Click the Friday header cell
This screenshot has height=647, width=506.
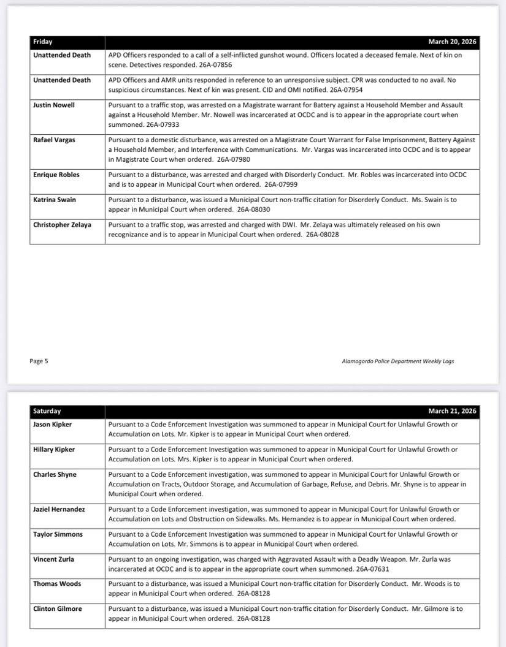tap(43, 42)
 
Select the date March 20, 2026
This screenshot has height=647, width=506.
tap(452, 42)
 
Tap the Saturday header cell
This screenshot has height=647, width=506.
tap(47, 411)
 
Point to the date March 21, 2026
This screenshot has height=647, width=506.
tap(452, 411)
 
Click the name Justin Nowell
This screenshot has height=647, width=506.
tap(54, 105)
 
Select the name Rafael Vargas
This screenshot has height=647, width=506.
tap(53, 140)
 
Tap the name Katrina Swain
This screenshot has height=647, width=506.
tap(55, 200)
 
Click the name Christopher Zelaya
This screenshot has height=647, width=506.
tap(62, 225)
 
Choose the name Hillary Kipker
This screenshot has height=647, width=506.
tap(54, 450)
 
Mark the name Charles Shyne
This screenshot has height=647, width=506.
tap(55, 474)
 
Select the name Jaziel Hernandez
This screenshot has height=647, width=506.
tap(59, 509)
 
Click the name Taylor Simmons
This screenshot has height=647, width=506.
tap(58, 534)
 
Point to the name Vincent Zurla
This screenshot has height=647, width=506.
tap(53, 559)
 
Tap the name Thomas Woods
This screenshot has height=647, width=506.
tap(57, 584)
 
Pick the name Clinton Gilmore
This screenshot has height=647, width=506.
tap(58, 609)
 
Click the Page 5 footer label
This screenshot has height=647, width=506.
tap(39, 361)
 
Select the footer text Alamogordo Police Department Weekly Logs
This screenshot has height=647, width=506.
tap(397, 361)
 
